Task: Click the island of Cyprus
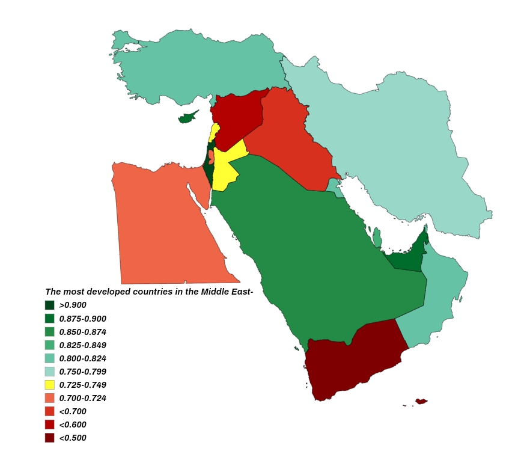(188, 117)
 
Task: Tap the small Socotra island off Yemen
(421, 401)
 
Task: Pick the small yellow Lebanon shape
(213, 133)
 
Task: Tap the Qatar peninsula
(377, 237)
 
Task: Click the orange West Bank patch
(212, 157)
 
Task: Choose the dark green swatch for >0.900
(50, 305)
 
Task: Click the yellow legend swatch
(50, 385)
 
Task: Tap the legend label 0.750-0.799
(83, 372)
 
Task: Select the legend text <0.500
(73, 438)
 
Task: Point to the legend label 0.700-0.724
(83, 398)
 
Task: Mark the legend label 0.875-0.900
(83, 319)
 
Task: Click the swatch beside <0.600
(50, 424)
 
